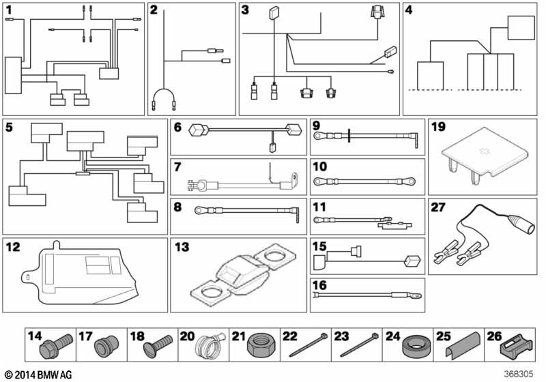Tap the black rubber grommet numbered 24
click(x=416, y=349)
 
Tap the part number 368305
click(x=518, y=374)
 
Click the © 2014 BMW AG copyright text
click(x=38, y=374)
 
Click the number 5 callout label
click(x=9, y=127)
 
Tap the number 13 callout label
click(x=182, y=246)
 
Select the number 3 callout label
click(x=245, y=10)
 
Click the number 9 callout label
click(x=316, y=126)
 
